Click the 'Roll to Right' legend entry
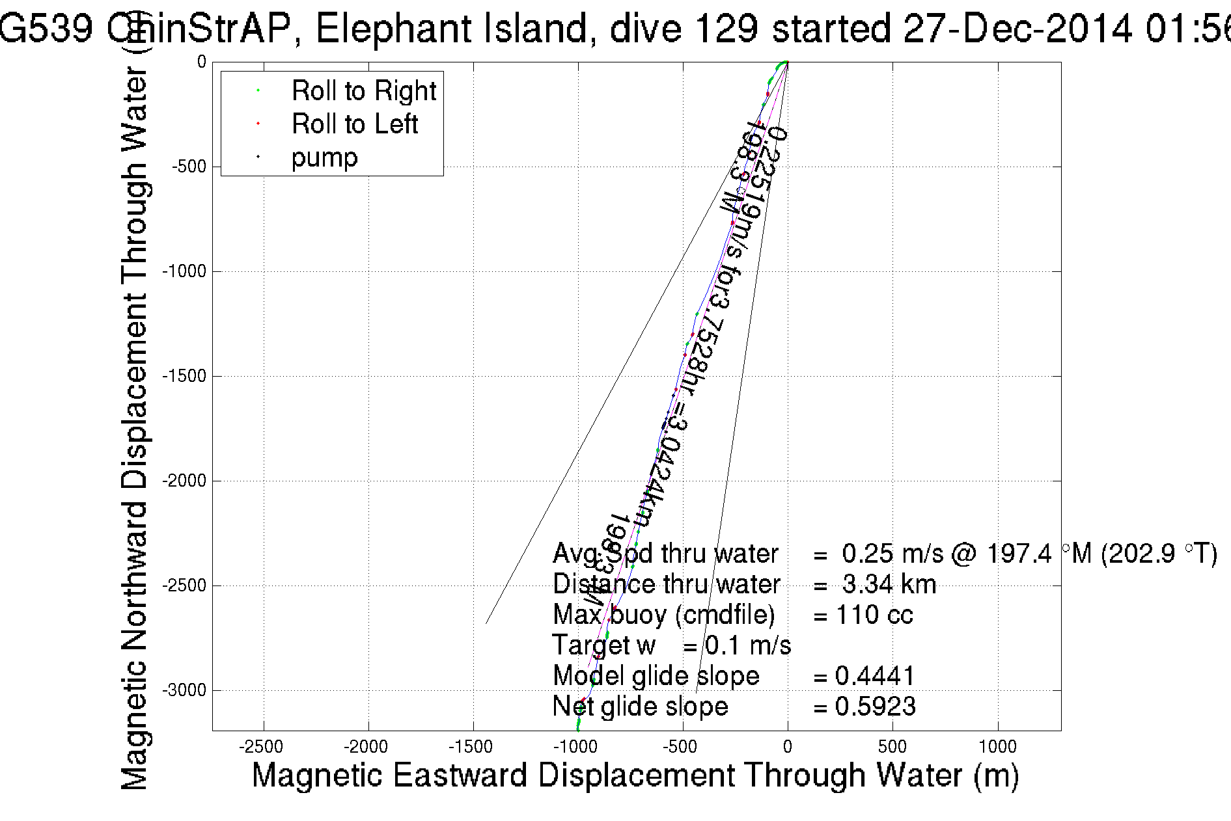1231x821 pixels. [x=363, y=91]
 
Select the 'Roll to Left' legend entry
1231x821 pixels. [x=354, y=124]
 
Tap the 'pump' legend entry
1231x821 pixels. [x=324, y=158]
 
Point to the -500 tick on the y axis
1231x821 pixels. [x=189, y=167]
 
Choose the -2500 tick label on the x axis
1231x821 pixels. [x=263, y=747]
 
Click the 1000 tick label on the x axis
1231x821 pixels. [x=997, y=747]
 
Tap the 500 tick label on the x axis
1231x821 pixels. [x=892, y=747]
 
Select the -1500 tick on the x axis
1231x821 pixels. [x=473, y=747]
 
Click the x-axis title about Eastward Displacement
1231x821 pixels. [x=635, y=776]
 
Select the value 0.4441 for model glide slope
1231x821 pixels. [x=875, y=677]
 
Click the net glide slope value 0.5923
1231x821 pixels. [x=875, y=707]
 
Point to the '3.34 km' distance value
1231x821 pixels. [x=889, y=585]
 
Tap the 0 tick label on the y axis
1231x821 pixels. [x=201, y=62]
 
